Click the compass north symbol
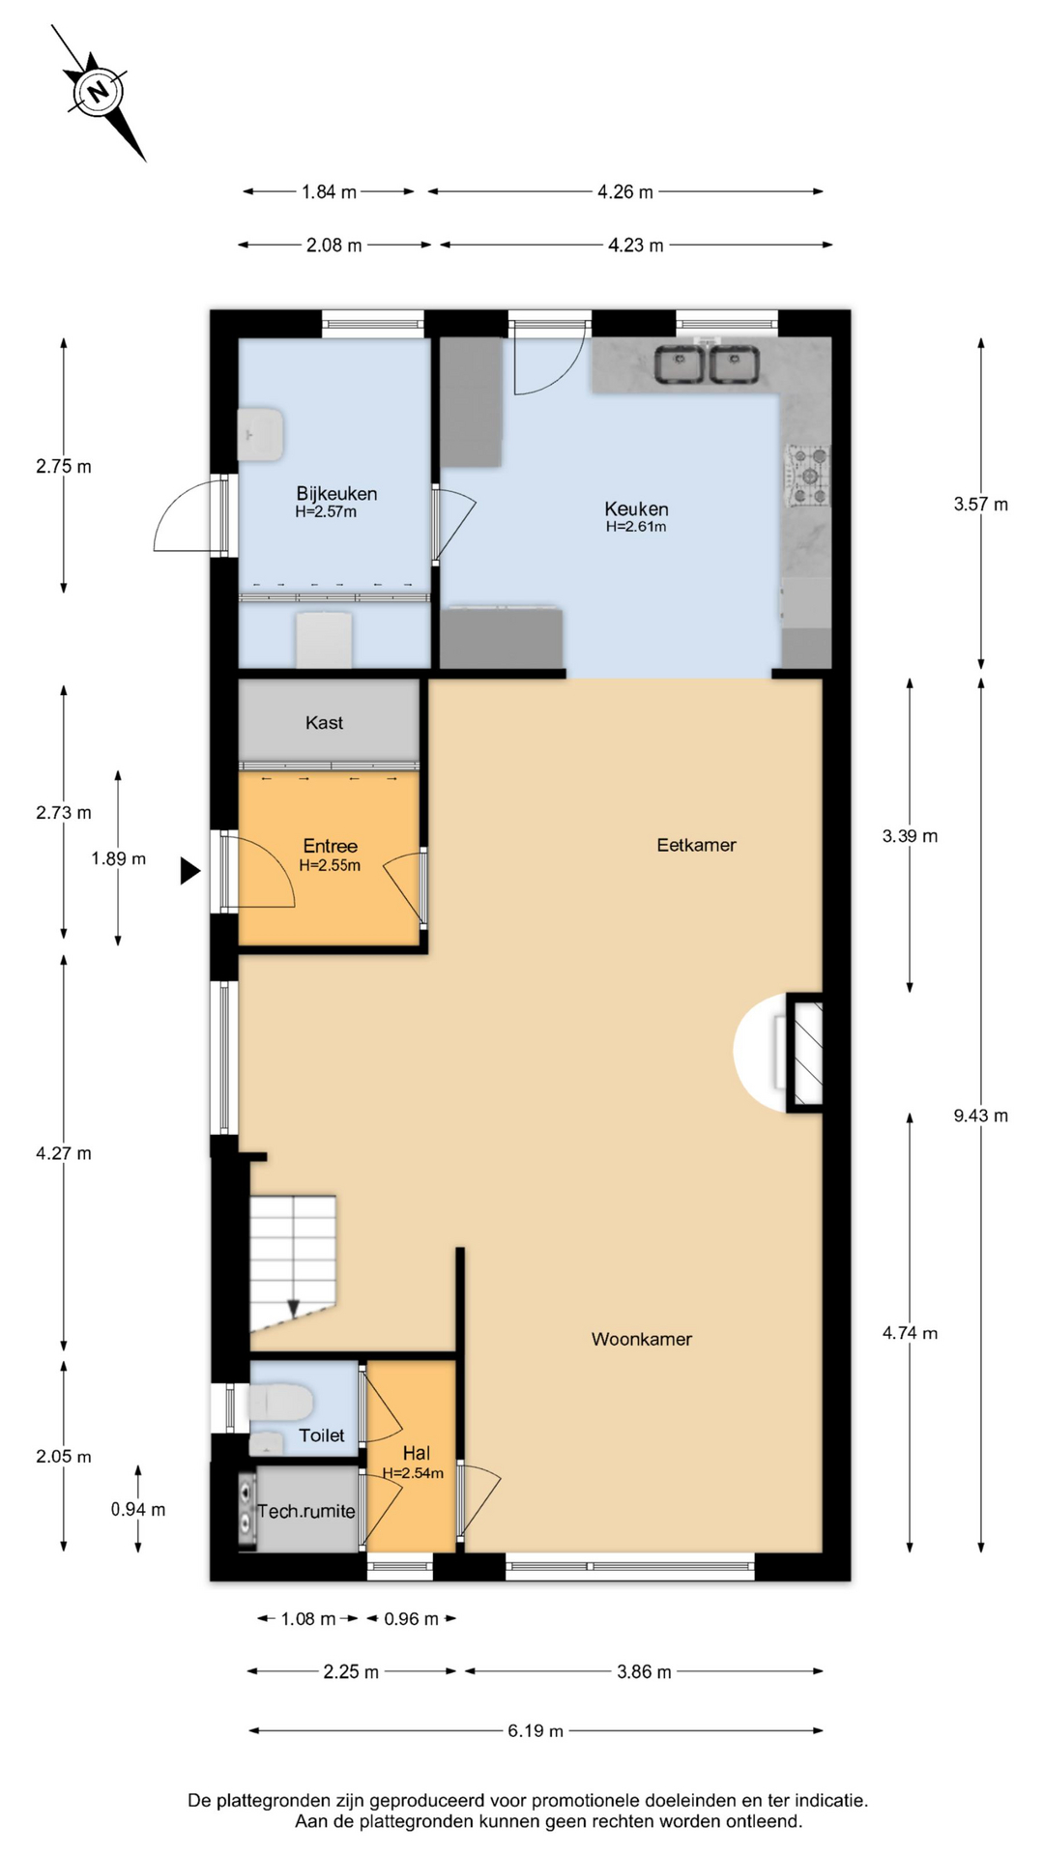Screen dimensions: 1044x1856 click(98, 92)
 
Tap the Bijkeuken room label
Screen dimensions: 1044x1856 click(336, 493)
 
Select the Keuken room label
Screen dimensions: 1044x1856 click(636, 508)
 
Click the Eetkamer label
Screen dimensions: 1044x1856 click(696, 845)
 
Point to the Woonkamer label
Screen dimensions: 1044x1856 click(642, 1339)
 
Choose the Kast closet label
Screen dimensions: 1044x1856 click(324, 722)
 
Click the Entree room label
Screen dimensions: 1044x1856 click(330, 846)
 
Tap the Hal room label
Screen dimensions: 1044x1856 click(417, 1453)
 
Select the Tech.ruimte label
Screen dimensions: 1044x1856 click(306, 1511)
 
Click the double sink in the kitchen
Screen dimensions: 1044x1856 click(708, 365)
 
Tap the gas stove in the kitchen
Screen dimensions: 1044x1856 click(807, 476)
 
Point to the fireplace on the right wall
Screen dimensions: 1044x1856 click(804, 1052)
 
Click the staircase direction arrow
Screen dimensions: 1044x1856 click(293, 1308)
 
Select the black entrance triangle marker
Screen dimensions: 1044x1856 click(189, 871)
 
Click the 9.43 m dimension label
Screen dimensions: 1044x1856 click(980, 1116)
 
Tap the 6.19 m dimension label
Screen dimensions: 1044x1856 click(536, 1730)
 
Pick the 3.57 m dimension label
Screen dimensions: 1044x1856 click(980, 504)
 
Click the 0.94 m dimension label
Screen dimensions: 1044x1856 click(138, 1509)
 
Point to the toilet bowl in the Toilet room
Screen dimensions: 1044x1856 click(280, 1402)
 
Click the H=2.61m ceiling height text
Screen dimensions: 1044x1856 click(636, 527)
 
